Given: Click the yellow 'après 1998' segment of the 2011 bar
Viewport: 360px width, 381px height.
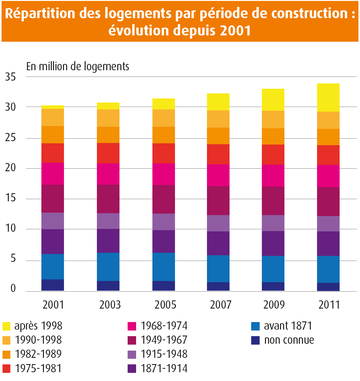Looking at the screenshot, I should point(329,98).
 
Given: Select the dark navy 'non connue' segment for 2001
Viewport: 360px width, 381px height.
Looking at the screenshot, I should point(53,285).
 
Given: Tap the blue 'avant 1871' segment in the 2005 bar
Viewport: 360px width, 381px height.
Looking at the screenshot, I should point(163,267).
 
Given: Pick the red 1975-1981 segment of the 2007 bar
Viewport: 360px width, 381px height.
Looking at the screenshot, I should point(218,154).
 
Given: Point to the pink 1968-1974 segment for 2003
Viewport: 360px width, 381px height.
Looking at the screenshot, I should point(108,174).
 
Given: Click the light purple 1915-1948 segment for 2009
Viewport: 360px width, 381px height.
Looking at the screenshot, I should point(273,223).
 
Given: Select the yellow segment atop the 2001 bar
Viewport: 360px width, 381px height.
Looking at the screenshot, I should point(53,107).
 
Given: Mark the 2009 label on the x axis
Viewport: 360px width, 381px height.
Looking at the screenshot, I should point(274,304).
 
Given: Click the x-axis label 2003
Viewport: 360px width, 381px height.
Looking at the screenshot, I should point(110,304).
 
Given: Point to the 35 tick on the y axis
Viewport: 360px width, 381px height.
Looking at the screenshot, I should point(10,77).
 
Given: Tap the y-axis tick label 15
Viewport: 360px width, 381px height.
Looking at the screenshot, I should point(10,198).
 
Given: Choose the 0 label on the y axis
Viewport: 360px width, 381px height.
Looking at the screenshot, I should point(13,288).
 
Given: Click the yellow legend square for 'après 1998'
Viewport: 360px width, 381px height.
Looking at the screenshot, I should point(6,326).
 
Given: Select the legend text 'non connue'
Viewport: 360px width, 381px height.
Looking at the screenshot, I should point(289,340).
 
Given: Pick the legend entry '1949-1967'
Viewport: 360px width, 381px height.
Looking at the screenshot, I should point(164,340).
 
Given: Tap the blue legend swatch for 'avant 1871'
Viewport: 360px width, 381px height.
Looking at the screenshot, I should point(255,326).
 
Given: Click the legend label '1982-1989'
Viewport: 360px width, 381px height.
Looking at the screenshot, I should point(38,354).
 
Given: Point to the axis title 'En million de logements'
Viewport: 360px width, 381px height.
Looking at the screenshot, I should point(78,66).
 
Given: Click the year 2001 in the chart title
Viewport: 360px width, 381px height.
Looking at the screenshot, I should point(235,30).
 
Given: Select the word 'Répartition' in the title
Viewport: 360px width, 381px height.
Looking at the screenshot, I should point(40,13).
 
